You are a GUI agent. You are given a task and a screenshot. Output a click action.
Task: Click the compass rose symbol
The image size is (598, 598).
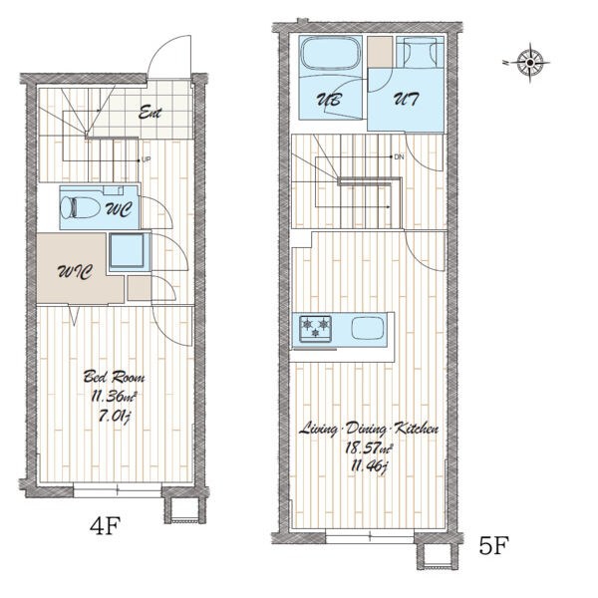click(x=530, y=63)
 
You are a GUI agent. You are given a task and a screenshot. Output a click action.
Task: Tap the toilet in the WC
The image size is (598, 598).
click(x=80, y=207)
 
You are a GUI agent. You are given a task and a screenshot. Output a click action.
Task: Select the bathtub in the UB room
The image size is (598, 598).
click(x=331, y=54)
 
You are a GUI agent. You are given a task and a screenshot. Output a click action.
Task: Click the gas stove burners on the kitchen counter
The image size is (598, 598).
click(x=315, y=328)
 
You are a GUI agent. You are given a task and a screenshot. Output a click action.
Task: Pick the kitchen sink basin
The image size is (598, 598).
click(x=368, y=328)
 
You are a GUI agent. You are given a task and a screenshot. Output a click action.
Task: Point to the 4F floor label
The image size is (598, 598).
click(x=106, y=525)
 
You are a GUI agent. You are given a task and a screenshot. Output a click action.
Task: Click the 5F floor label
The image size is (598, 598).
click(x=494, y=545)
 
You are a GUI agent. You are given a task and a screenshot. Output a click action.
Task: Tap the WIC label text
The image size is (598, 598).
click(x=75, y=272)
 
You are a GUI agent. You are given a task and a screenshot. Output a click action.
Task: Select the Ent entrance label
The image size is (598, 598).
click(x=149, y=112)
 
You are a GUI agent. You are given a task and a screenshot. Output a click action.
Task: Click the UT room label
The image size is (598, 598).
click(x=407, y=99)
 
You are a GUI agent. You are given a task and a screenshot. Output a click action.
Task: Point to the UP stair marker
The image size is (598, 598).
click(x=147, y=160)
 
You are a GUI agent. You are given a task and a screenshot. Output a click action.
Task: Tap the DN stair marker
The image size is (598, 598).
click(x=399, y=157)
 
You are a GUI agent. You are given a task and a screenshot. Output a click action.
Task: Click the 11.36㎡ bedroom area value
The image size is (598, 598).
click(x=114, y=397)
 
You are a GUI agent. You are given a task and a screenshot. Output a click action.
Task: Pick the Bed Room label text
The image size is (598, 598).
click(x=114, y=377)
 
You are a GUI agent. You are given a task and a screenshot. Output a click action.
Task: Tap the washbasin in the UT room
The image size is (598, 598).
click(x=420, y=52)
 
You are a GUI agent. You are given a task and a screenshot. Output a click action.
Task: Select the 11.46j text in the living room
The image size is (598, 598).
click(x=369, y=466)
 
